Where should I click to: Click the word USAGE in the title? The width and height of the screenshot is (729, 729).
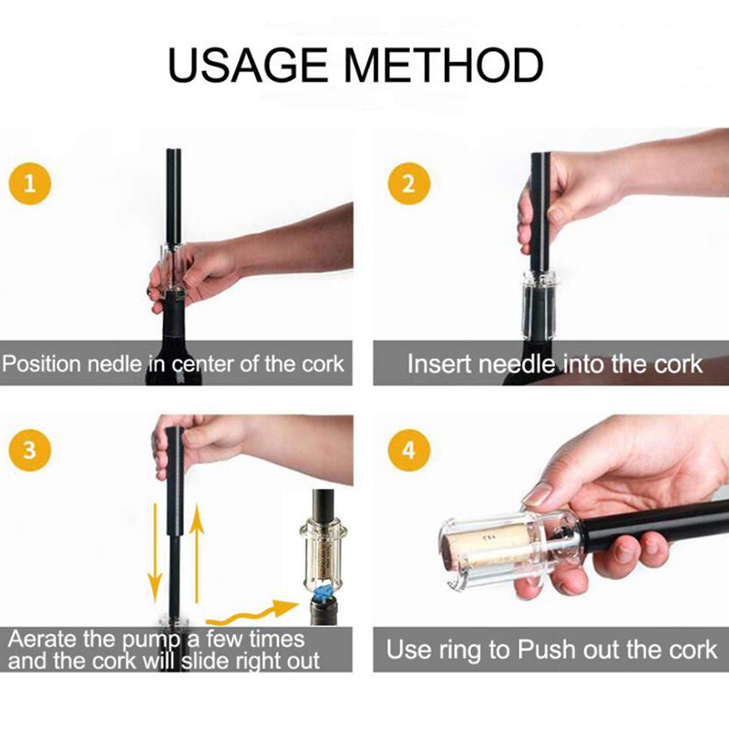tap(247, 65)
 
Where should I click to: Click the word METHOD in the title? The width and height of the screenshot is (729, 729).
tap(443, 65)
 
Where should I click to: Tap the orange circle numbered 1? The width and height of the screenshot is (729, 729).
tap(30, 184)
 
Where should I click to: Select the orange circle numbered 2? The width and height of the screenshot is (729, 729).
tap(408, 184)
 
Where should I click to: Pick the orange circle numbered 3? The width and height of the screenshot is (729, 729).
tap(30, 450)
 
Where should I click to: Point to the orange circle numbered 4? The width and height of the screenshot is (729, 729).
tap(408, 450)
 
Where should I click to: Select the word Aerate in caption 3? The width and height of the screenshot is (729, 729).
tap(42, 640)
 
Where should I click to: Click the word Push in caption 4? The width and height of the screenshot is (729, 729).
tap(548, 650)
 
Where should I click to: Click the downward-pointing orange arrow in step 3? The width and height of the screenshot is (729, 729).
tap(155, 553)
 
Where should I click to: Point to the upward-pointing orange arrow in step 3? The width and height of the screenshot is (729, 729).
tap(197, 553)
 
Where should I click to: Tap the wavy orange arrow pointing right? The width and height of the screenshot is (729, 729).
tap(252, 613)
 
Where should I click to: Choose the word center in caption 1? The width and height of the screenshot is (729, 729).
tap(202, 364)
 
